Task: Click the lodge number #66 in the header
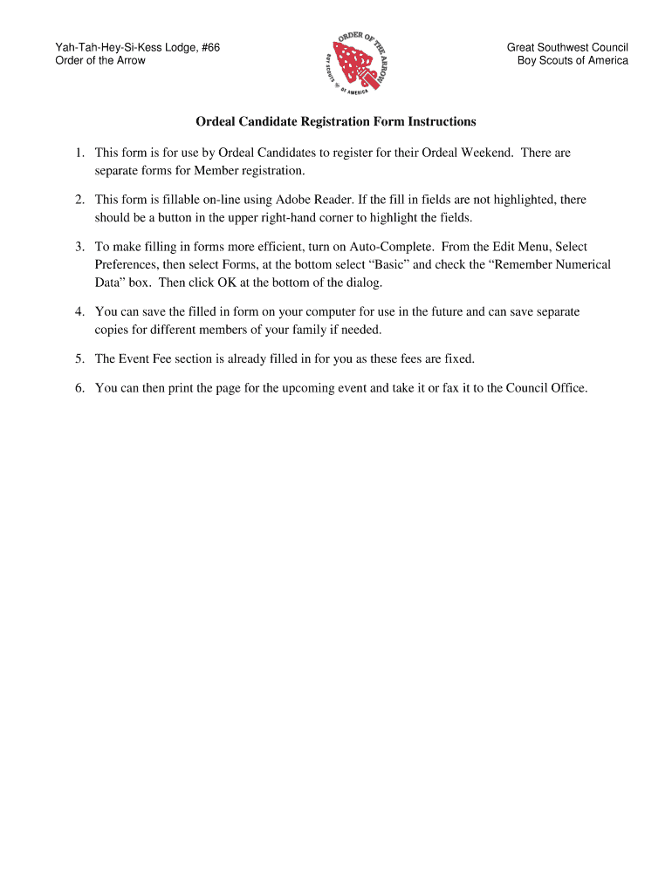point(208,47)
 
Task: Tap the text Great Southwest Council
point(567,47)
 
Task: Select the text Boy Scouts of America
point(573,60)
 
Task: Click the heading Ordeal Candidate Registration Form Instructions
point(336,121)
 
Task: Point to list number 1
point(79,153)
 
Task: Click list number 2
point(79,200)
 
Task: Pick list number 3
point(79,248)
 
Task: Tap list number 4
point(79,311)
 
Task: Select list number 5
point(79,358)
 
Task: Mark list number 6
point(79,388)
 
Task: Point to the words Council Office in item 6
point(546,388)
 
